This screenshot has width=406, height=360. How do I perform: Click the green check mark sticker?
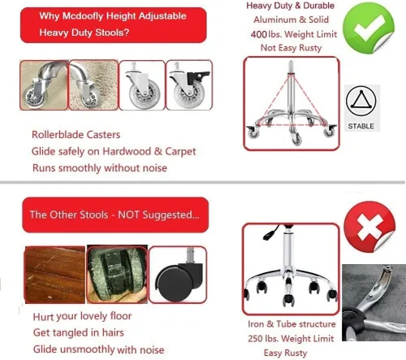(x=368, y=27)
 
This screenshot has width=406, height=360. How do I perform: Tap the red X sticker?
(x=369, y=227)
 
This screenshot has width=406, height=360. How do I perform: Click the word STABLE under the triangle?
(x=361, y=126)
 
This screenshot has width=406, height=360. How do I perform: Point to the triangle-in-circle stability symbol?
(x=361, y=101)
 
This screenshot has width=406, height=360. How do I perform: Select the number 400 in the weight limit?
(x=259, y=34)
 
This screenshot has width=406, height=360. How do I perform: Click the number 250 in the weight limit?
(x=256, y=339)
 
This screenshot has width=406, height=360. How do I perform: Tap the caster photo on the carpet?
(x=93, y=85)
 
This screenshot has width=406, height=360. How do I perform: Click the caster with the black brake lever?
(x=189, y=85)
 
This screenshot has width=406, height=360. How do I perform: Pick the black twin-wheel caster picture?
(x=178, y=275)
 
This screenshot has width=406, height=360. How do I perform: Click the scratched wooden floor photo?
(x=55, y=275)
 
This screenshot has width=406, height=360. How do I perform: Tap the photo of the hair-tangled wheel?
(x=117, y=274)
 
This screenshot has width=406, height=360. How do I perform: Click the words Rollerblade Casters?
(x=76, y=135)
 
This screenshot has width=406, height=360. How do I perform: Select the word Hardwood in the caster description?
(x=127, y=151)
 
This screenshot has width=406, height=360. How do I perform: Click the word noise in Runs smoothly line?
(x=155, y=168)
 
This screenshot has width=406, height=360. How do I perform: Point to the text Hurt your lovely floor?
(x=82, y=316)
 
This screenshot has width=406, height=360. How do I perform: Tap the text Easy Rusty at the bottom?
(x=285, y=353)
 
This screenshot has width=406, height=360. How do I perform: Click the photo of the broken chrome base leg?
(x=374, y=302)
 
